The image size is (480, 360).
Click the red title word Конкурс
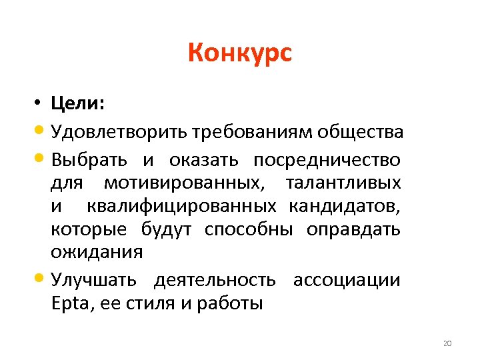pyautogui.click(x=239, y=53)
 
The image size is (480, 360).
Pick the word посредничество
pyautogui.click(x=327, y=160)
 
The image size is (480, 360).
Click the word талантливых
pyautogui.click(x=343, y=183)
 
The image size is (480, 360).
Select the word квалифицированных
pyautogui.click(x=184, y=206)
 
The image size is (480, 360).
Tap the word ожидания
pyautogui.click(x=97, y=252)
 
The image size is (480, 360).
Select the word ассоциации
pyautogui.click(x=347, y=280)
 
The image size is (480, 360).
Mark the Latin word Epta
pyautogui.click(x=69, y=304)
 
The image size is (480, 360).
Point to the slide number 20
pyautogui.click(x=447, y=344)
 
